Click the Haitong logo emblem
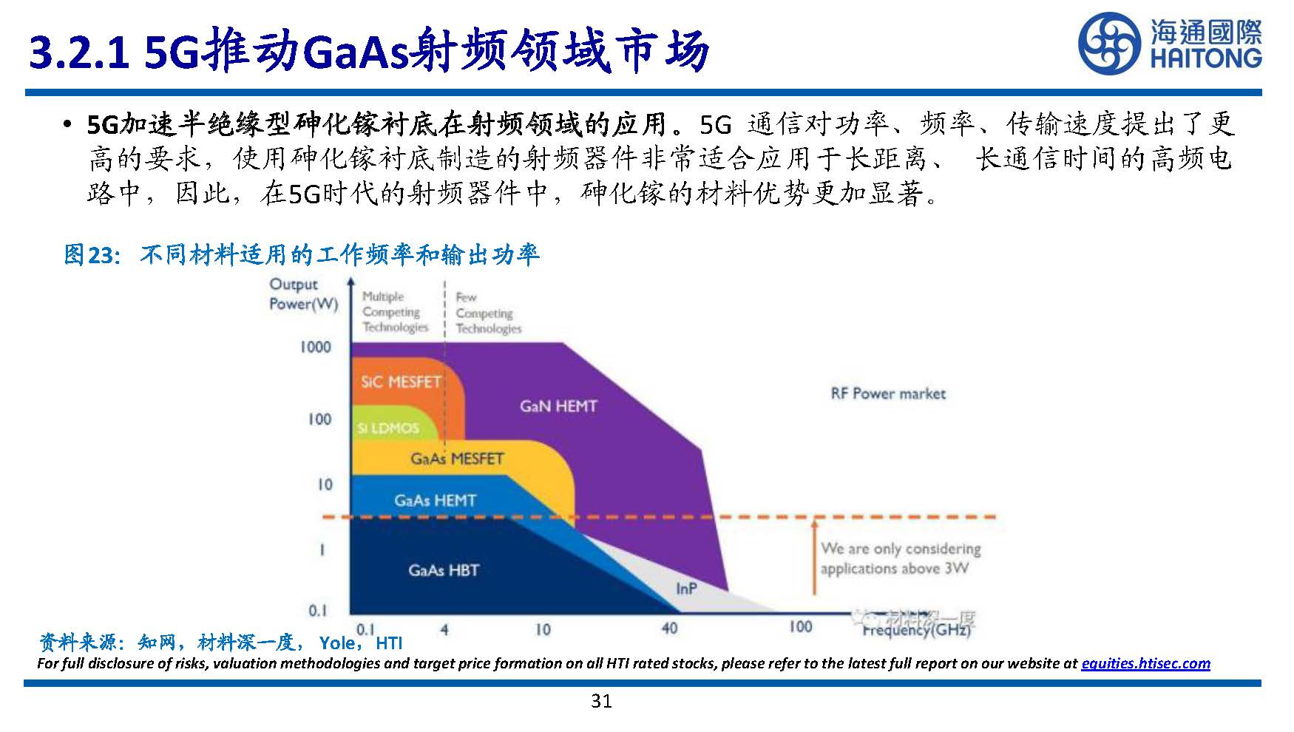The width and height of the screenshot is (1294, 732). tap(1110, 44)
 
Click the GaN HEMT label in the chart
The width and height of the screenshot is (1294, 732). tap(558, 406)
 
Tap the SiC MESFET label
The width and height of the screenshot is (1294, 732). tap(400, 382)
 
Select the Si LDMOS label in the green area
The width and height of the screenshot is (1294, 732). tap(387, 428)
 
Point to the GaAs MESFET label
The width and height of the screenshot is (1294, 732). tap(457, 458)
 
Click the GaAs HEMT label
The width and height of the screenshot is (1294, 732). tap(435, 501)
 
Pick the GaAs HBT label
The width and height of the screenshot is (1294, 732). tap(444, 570)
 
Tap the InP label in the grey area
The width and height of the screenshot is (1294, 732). tap(686, 589)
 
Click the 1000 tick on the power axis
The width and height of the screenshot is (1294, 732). tap(315, 347)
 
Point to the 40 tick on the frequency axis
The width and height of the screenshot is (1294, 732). tap(669, 628)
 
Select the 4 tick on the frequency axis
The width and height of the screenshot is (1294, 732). tap(444, 630)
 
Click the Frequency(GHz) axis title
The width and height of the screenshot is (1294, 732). tap(916, 630)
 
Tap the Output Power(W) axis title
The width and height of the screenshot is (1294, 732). tap(303, 294)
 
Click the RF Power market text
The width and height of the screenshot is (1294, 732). tap(888, 393)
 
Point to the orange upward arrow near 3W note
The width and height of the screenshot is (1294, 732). tap(813, 555)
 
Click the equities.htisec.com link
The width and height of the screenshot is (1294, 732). tap(1145, 663)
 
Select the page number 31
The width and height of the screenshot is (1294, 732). tap(601, 701)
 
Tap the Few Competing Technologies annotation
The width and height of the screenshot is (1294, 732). tap(488, 314)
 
